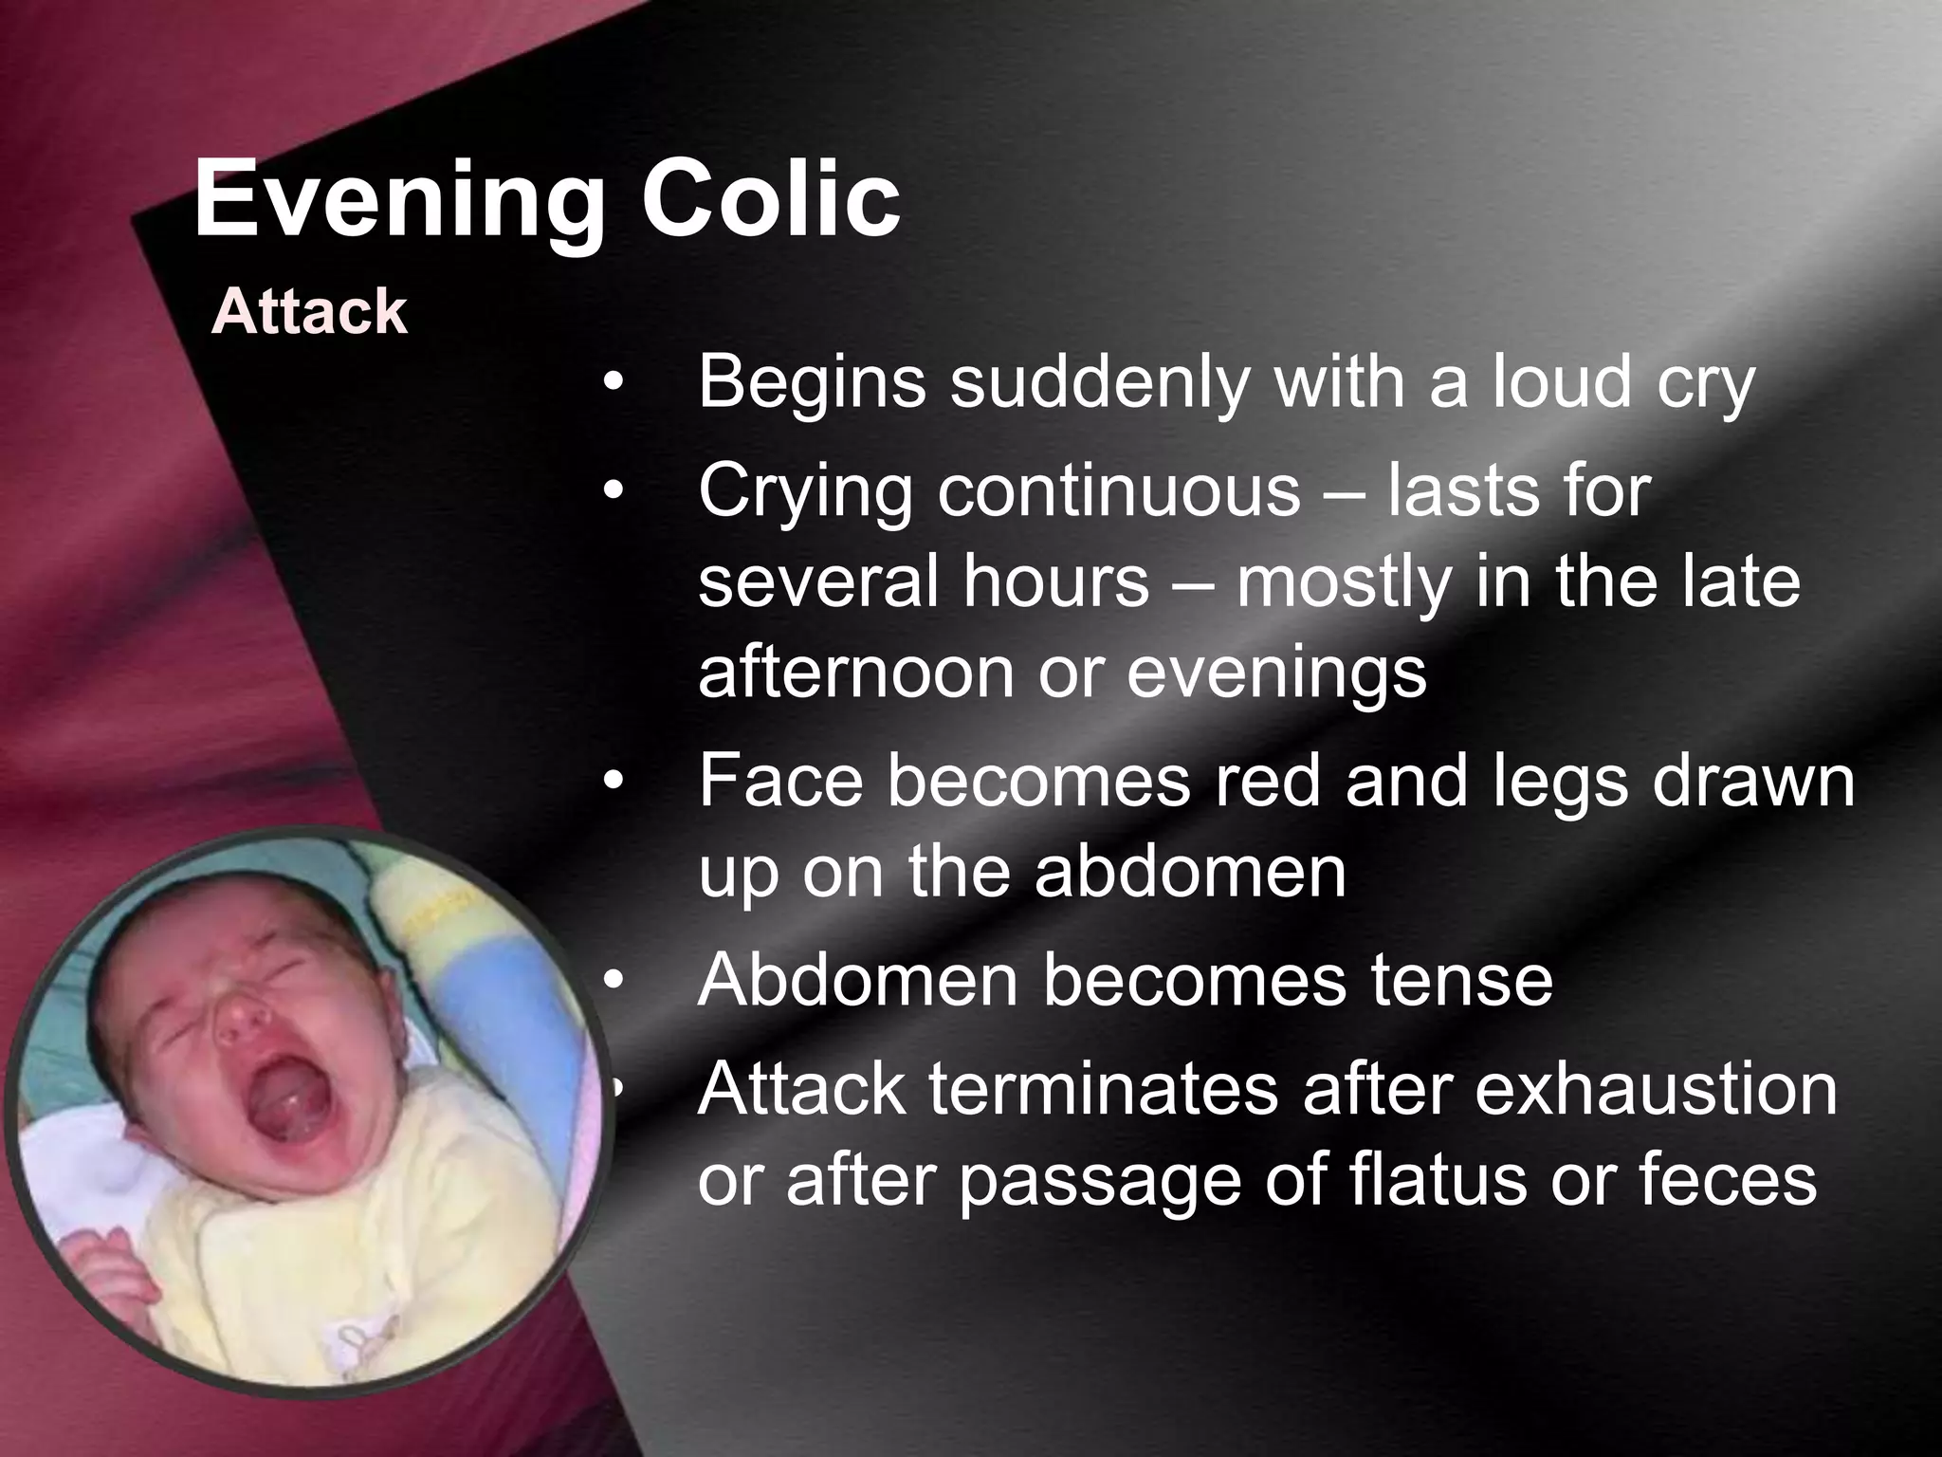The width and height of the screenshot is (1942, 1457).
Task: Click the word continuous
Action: tap(1119, 491)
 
